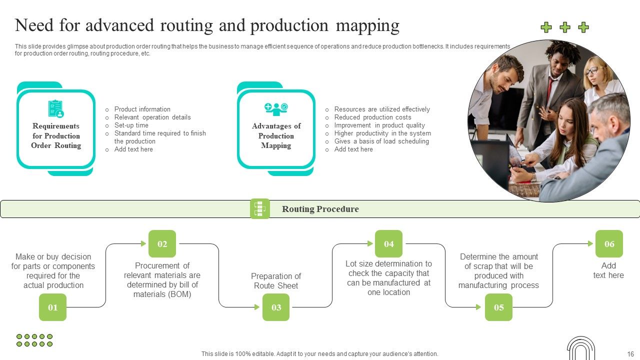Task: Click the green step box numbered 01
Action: pos(52,307)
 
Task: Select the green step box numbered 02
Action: pos(162,243)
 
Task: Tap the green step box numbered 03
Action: pos(276,307)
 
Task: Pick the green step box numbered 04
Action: pos(388,243)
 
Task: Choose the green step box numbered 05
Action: pos(498,307)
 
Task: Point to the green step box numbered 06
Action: pos(609,243)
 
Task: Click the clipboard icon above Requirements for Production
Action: pos(56,109)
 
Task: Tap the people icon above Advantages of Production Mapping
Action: pos(276,108)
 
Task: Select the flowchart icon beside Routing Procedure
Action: pos(259,208)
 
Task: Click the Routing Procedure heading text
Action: pos(320,209)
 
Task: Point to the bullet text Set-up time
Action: pos(131,125)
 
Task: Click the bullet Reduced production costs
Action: pos(372,117)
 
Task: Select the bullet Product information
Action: pos(142,109)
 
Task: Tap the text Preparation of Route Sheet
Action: pos(276,281)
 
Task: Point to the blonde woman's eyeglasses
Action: pos(592,70)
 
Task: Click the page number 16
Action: pos(630,353)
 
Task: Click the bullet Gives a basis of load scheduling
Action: pos(381,141)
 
